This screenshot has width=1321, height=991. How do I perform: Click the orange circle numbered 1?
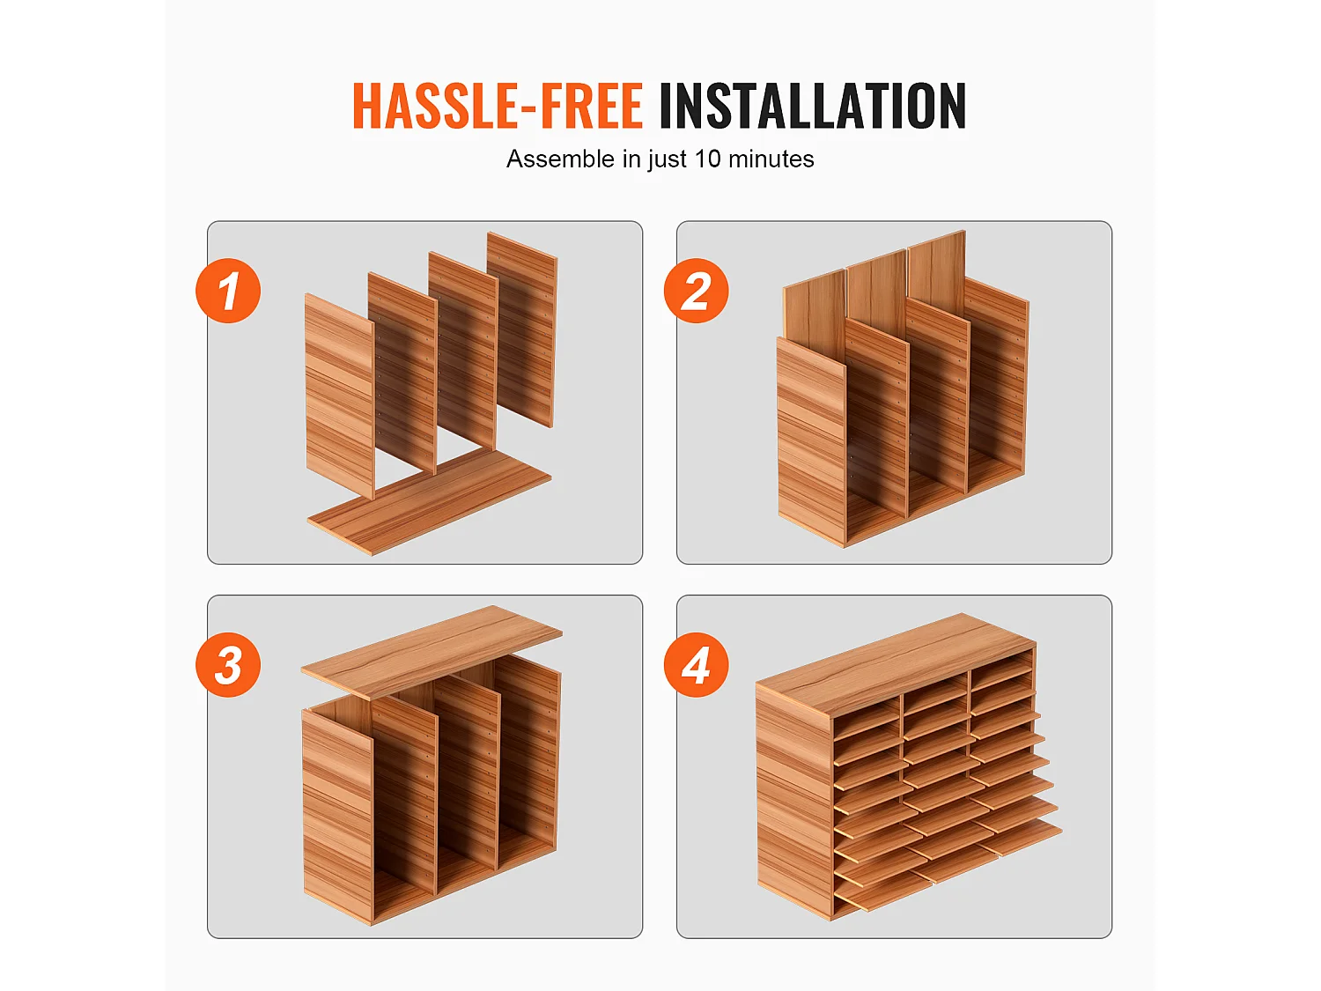click(x=228, y=291)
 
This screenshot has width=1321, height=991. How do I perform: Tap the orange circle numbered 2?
click(x=697, y=291)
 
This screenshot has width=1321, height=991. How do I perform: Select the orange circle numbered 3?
click(x=228, y=665)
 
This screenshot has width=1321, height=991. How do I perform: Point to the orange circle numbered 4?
click(x=697, y=665)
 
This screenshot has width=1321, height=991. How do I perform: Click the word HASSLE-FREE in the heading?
click(x=498, y=106)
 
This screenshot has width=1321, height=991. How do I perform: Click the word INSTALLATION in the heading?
click(x=813, y=106)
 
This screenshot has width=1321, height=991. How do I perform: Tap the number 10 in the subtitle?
click(x=707, y=159)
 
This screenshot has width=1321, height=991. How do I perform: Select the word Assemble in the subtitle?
click(x=561, y=159)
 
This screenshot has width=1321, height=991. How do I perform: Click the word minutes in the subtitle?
click(x=771, y=159)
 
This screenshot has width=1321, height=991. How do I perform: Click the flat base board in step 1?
click(x=429, y=502)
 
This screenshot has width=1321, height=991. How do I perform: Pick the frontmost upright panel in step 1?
click(x=339, y=396)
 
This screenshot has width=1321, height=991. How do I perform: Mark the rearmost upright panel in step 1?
click(x=521, y=329)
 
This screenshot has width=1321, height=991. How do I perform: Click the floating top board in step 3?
click(x=432, y=652)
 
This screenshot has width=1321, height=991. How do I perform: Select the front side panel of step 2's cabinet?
click(x=811, y=442)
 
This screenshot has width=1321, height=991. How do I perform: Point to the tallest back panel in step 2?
click(x=937, y=268)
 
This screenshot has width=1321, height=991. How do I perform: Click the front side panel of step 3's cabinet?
click(x=337, y=817)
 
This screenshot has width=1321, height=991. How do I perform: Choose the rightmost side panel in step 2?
click(x=997, y=375)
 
